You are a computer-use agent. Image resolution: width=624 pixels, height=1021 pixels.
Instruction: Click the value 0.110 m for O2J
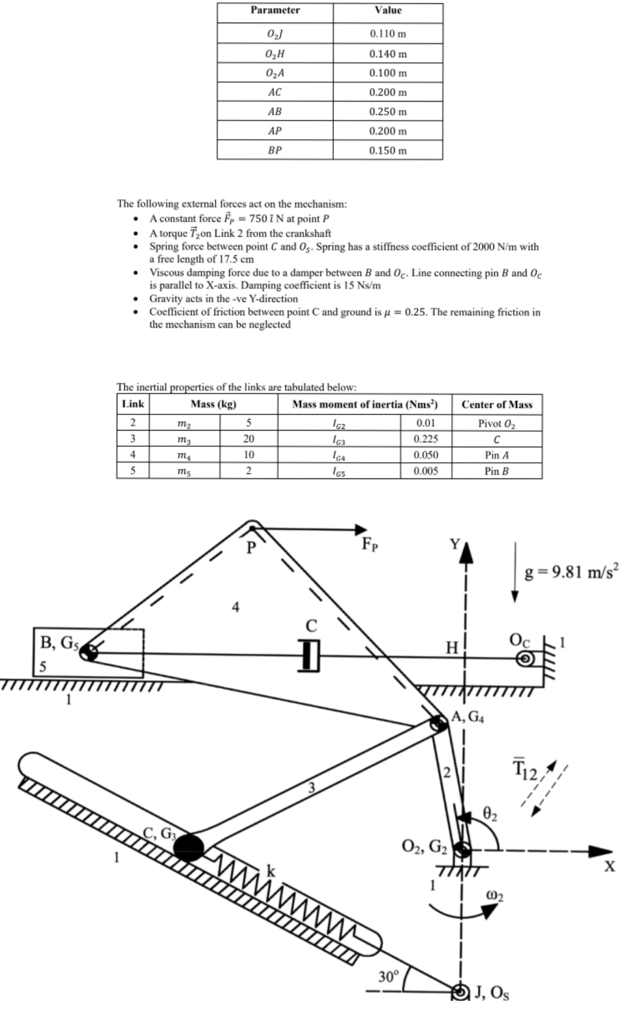click(388, 34)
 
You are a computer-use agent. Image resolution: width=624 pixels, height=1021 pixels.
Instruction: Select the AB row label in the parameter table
click(274, 112)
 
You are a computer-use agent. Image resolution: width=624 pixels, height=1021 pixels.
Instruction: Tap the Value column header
click(388, 10)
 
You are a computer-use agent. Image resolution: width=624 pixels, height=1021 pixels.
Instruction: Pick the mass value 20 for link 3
click(248, 439)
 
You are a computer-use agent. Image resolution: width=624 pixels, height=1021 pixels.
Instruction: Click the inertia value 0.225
click(426, 439)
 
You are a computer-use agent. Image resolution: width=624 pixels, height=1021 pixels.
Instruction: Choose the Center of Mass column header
click(496, 404)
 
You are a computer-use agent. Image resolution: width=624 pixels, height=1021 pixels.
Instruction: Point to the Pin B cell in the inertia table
click(496, 471)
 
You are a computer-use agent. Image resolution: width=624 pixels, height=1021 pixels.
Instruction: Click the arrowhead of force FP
click(361, 529)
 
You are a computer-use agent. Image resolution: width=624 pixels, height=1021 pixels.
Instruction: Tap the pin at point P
click(251, 526)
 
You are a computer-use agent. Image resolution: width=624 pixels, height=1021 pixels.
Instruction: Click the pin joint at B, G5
click(88, 653)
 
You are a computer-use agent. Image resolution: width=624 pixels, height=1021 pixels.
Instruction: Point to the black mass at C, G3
click(189, 847)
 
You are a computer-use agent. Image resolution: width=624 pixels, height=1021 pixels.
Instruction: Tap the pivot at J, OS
click(460, 992)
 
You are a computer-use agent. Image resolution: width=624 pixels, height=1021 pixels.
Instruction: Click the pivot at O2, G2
click(462, 849)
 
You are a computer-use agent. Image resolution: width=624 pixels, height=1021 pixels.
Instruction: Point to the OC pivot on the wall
click(526, 658)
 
